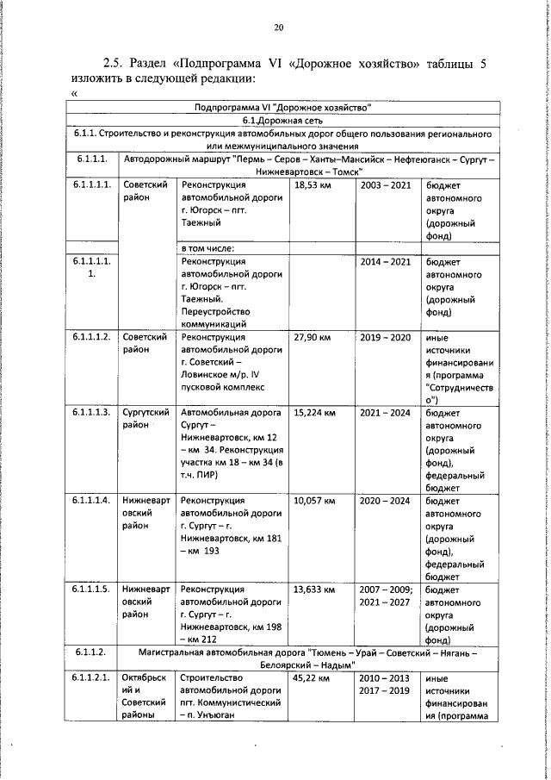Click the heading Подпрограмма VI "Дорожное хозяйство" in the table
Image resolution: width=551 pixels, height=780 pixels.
[x=283, y=107]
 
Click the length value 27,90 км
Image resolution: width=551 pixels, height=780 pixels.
[x=312, y=337]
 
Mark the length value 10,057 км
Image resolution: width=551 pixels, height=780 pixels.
[x=314, y=500]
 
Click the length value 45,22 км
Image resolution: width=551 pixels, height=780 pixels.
[x=312, y=679]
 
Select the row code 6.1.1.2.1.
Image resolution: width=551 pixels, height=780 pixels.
[x=90, y=679]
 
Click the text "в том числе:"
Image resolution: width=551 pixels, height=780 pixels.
[x=207, y=249]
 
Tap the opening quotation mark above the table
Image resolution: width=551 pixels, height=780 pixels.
[x=75, y=92]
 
